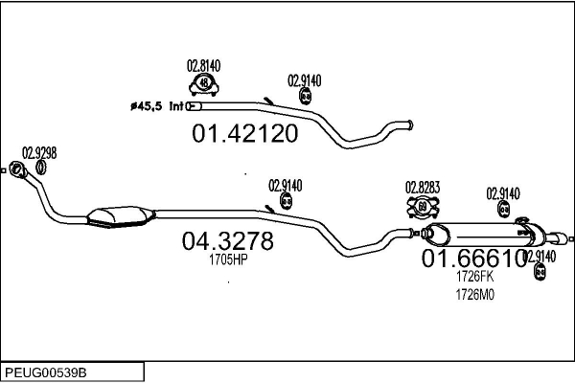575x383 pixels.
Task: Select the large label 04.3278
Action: point(227,241)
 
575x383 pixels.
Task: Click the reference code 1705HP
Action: point(227,259)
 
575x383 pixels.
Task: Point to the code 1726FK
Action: point(474,277)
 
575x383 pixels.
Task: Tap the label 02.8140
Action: point(203,65)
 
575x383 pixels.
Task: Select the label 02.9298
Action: point(39,152)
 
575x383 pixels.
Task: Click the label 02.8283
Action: point(423,187)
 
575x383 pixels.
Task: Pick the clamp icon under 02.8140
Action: point(203,84)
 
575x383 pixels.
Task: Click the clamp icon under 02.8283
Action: point(423,205)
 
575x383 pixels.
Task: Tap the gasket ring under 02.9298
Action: point(41,169)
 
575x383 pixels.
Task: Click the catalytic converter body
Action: point(119,218)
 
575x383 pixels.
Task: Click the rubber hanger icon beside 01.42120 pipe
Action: point(306,98)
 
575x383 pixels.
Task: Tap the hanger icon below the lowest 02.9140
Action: point(539,273)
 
